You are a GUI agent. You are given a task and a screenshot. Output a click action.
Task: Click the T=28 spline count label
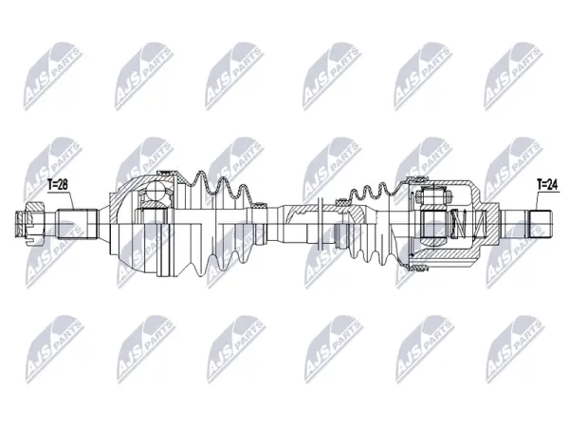tap(58, 185)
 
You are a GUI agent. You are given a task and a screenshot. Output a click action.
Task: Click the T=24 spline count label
tap(547, 185)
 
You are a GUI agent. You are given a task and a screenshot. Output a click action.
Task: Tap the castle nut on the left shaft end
tap(33, 224)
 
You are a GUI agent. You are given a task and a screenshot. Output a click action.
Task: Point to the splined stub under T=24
tap(541, 224)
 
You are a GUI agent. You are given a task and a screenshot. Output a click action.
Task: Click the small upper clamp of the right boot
tap(342, 201)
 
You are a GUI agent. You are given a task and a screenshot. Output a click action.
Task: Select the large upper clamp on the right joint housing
tap(416, 177)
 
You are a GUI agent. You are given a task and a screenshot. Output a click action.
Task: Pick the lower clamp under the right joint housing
tap(418, 269)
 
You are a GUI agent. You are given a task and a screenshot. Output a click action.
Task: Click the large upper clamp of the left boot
tap(165, 172)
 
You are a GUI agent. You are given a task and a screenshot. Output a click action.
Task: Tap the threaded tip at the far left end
tap(20, 224)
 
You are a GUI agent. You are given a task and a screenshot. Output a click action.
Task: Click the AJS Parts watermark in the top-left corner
tap(53, 76)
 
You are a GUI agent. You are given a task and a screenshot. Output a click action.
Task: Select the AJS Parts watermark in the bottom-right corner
tap(515, 349)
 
